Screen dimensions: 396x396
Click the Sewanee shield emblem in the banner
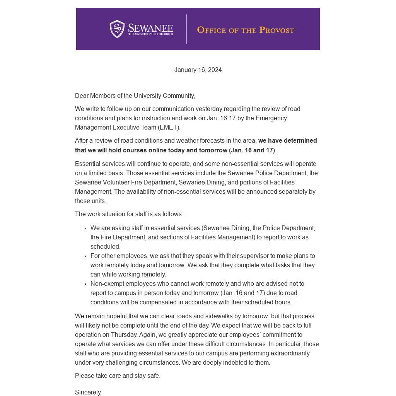pos(117,29)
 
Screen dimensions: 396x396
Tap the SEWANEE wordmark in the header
pos(150,29)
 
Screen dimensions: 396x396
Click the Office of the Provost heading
pos(246,30)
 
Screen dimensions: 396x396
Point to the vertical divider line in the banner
pos(186,29)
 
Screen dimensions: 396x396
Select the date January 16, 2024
pos(198,70)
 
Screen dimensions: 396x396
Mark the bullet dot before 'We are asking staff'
pos(85,229)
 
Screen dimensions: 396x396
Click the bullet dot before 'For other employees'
pos(85,256)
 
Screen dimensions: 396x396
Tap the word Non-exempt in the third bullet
pos(106,284)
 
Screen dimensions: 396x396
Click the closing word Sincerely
pos(88,392)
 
